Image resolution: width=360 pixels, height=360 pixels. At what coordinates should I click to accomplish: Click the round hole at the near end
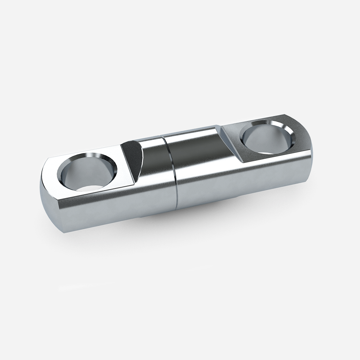[x=87, y=172]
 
